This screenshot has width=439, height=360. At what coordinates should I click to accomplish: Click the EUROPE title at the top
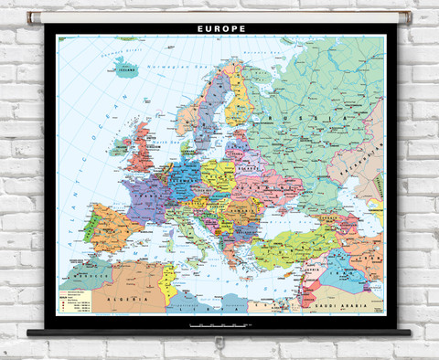[x=220, y=28]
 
